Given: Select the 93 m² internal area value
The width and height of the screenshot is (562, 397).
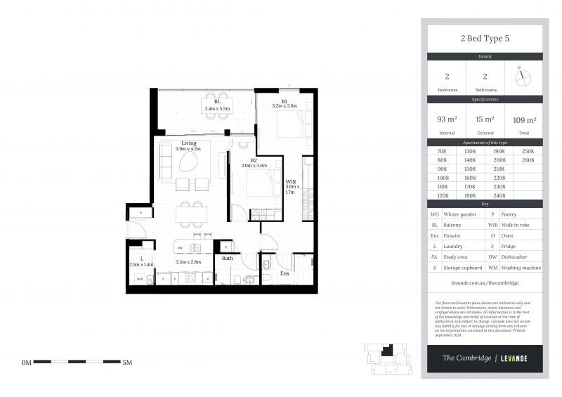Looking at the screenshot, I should pyautogui.click(x=445, y=119).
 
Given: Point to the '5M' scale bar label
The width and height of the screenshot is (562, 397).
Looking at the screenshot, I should pyautogui.click(x=128, y=363).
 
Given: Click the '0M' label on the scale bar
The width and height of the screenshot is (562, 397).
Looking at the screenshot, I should pyautogui.click(x=27, y=363).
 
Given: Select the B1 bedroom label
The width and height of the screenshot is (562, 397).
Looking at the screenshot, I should pyautogui.click(x=285, y=101).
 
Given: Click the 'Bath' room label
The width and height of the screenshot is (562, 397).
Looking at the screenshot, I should pyautogui.click(x=227, y=258).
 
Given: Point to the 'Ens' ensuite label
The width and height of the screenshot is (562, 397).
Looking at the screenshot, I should pyautogui.click(x=285, y=273).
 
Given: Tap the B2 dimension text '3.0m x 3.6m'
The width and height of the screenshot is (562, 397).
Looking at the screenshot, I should pyautogui.click(x=254, y=166).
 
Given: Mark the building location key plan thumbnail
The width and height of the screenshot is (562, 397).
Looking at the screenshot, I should pyautogui.click(x=384, y=358).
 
